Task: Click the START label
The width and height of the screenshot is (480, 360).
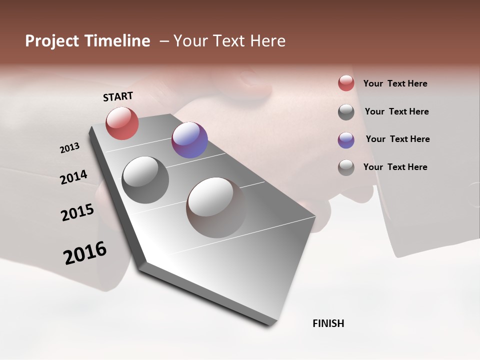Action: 118,96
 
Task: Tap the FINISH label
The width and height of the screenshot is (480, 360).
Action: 328,323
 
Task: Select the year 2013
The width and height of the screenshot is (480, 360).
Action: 69,148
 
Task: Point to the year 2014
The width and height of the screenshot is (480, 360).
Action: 73,177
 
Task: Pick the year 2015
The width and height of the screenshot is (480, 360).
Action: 77,212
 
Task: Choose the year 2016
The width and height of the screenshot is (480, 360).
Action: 85,253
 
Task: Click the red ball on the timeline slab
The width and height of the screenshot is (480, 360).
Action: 122,123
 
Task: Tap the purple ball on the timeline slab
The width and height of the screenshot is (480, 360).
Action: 189,140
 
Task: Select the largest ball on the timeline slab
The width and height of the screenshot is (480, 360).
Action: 215,207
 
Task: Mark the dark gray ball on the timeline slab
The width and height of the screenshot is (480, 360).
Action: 145,180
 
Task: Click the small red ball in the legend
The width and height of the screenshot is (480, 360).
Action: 346,83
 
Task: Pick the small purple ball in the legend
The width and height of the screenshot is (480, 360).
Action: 346,140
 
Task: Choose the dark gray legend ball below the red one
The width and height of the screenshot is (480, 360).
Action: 346,112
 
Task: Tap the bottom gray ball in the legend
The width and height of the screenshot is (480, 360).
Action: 346,167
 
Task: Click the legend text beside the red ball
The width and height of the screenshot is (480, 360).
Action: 395,83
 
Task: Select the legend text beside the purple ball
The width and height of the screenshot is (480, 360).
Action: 397,139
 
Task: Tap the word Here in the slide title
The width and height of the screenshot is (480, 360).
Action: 267,41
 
